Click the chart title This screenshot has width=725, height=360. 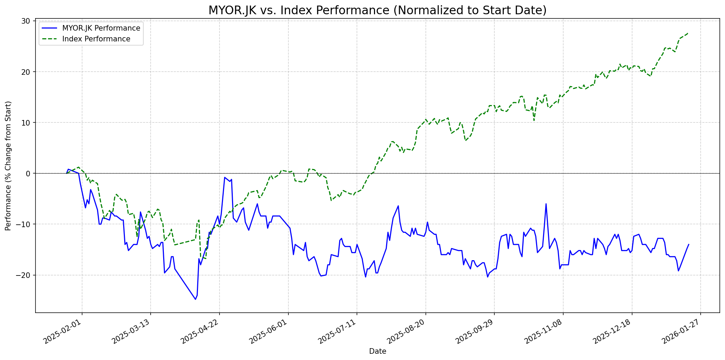pos(377,10)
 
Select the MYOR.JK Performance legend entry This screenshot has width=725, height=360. pos(101,28)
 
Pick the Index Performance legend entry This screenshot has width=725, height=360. pos(96,39)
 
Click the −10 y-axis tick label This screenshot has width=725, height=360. pos(24,224)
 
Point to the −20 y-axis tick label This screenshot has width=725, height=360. pos(24,275)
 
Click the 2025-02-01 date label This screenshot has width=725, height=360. pos(63,332)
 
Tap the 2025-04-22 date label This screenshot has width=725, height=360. pos(200,332)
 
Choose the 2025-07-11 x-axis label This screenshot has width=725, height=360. pos(337,332)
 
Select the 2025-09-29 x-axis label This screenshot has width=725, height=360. pos(475,332)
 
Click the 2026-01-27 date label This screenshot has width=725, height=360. pos(681,332)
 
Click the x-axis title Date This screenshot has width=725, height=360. pos(377,352)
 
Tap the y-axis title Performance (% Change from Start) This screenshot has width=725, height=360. pos(8,166)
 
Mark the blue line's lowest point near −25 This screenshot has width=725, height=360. pos(196,299)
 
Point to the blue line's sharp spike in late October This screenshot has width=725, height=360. pos(546,204)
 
